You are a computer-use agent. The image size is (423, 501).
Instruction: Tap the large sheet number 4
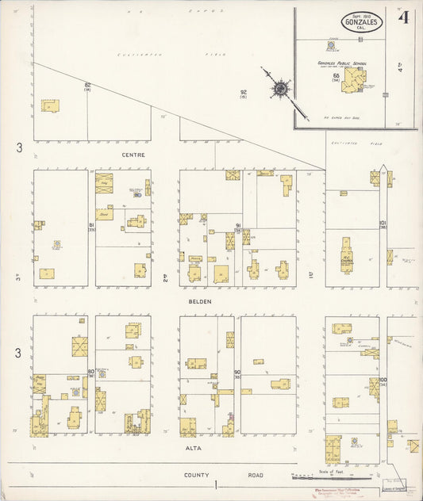pos(403,18)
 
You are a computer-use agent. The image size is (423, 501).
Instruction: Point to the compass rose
pos(281,89)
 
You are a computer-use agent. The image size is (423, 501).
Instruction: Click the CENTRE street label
pos(133,154)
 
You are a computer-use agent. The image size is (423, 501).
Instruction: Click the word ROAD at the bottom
pos(254,475)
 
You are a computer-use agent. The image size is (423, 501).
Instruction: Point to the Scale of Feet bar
pos(332,477)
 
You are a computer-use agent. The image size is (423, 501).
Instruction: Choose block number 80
pos(91,371)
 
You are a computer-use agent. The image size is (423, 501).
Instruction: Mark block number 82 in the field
pos(87,85)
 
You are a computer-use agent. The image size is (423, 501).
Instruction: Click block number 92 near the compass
pos(244,92)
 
